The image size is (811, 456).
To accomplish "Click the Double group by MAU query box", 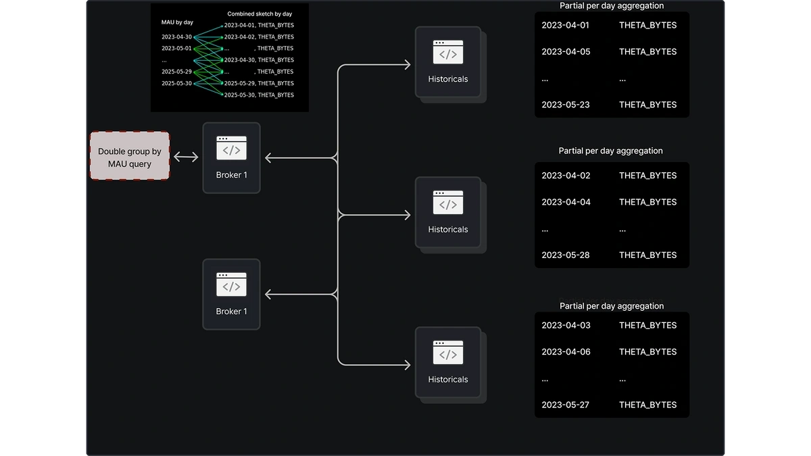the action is [x=130, y=155].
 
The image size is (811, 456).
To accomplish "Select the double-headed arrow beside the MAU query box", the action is [x=186, y=157].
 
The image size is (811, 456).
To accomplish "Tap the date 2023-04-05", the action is [x=566, y=52].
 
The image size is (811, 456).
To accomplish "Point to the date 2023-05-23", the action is [x=566, y=105].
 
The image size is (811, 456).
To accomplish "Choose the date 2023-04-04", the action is [x=566, y=202].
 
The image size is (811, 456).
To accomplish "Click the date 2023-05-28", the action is [x=566, y=255].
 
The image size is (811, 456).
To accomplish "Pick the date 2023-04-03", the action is [x=566, y=326].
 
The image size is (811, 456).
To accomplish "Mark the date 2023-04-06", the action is [x=566, y=352].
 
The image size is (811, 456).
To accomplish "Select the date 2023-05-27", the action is [x=565, y=405].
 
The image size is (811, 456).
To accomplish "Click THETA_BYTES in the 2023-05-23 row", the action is [x=647, y=105].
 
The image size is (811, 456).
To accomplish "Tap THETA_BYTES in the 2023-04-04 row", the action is [x=647, y=202].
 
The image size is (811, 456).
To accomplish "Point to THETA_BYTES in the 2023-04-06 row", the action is [x=647, y=352].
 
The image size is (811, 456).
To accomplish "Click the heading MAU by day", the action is [x=177, y=22].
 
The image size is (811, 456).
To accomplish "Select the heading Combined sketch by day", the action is [x=260, y=14].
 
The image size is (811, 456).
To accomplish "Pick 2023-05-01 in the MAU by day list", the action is [x=176, y=48].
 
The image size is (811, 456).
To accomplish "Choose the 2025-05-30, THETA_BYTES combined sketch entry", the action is [x=259, y=95].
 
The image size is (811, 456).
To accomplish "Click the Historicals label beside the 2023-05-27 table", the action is [x=448, y=379].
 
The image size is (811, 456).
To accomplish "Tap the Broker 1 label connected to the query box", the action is [x=231, y=175].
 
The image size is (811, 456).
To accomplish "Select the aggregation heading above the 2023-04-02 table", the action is [x=610, y=151].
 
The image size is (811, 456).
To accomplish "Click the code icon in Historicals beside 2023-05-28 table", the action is [x=448, y=202].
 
